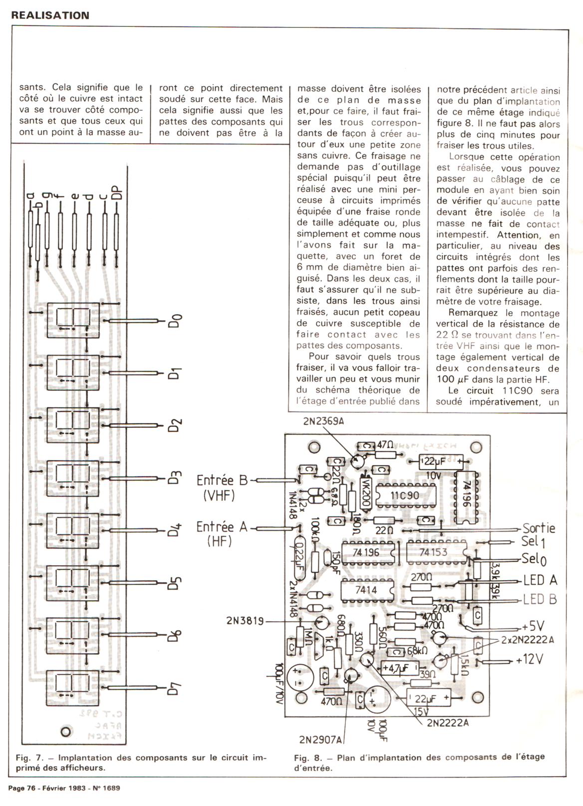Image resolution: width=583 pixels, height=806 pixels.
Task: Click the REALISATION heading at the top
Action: coord(50,15)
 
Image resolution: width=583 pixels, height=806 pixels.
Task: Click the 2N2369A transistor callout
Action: coord(323,421)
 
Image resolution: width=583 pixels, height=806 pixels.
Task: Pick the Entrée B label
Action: coord(222,480)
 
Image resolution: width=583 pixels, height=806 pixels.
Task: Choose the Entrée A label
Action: coord(222,527)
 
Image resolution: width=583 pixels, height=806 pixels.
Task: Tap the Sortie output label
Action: coord(539,528)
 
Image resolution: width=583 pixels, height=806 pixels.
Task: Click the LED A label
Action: coord(540,580)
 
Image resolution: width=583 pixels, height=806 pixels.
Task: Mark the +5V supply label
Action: coord(533,626)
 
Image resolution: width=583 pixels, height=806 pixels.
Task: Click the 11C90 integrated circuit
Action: coord(404,496)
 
